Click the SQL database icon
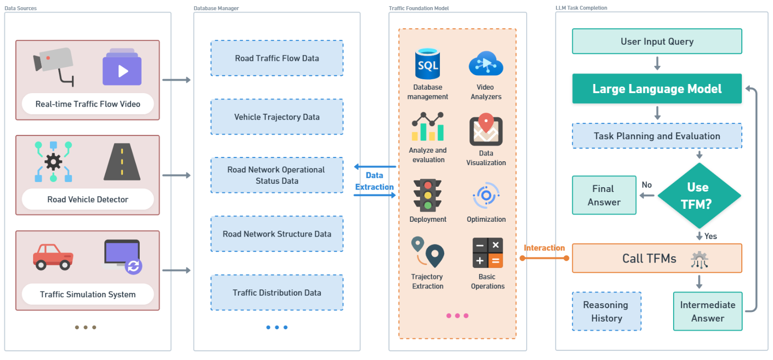[x=428, y=64]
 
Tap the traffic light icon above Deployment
[x=428, y=195]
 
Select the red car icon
[x=53, y=257]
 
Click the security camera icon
[x=53, y=66]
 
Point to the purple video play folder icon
[x=122, y=67]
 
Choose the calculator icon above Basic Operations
[x=487, y=252]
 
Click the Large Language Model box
[x=657, y=89]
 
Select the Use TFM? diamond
[x=699, y=196]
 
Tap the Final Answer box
[x=604, y=195]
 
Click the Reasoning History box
[x=606, y=312]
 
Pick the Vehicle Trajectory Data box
[x=277, y=117]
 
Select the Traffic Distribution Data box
[x=277, y=293]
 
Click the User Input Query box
[x=657, y=41]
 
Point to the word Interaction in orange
[x=544, y=248]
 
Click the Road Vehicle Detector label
[x=88, y=200]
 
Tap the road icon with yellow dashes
[x=122, y=162]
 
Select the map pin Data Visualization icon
[x=486, y=130]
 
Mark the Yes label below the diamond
[x=711, y=236]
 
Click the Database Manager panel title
[x=216, y=8]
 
